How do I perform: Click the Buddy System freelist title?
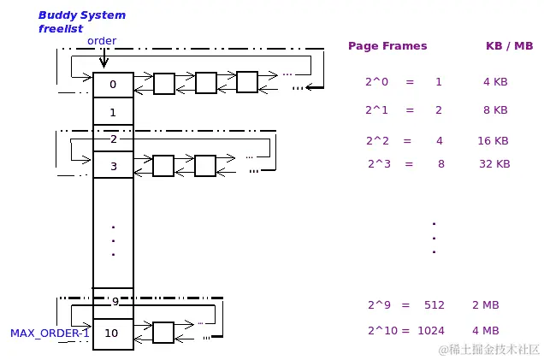point(81,21)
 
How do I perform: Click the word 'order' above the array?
point(102,41)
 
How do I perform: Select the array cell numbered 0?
point(113,85)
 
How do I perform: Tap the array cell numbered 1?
point(113,112)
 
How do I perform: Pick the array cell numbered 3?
point(113,166)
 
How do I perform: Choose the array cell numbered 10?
point(112,333)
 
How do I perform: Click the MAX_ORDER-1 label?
point(50,333)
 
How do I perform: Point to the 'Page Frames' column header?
point(387,46)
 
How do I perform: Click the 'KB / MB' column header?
point(509,46)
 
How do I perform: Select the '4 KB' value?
point(495,82)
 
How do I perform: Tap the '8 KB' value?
point(495,110)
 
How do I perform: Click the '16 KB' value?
point(493,141)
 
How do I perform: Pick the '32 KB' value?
point(494,163)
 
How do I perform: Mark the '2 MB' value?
point(485,305)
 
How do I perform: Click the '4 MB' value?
point(485,331)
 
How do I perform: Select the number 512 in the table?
point(434,305)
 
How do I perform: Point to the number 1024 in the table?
point(432,331)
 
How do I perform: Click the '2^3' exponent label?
point(379,163)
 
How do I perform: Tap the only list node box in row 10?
point(163,332)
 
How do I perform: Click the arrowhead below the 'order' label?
point(103,62)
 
